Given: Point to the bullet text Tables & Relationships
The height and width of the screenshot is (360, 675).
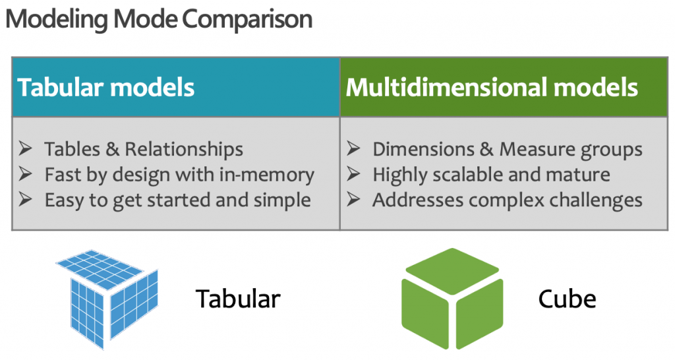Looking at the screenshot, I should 144,150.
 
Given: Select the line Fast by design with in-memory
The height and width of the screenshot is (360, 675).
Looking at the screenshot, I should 179,175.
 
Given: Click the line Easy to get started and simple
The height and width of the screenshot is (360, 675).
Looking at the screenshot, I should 177,200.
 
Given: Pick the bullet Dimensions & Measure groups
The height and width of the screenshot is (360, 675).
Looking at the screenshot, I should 507,150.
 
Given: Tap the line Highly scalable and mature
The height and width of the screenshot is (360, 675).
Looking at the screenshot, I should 491,175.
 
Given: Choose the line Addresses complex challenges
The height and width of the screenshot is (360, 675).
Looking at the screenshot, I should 507,200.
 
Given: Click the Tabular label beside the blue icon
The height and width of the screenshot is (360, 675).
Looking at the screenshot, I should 238,299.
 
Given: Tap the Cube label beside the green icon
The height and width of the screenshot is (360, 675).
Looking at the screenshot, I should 567,299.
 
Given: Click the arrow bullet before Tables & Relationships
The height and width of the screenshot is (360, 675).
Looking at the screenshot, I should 26,150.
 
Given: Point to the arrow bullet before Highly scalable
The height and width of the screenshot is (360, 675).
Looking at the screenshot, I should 354,175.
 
